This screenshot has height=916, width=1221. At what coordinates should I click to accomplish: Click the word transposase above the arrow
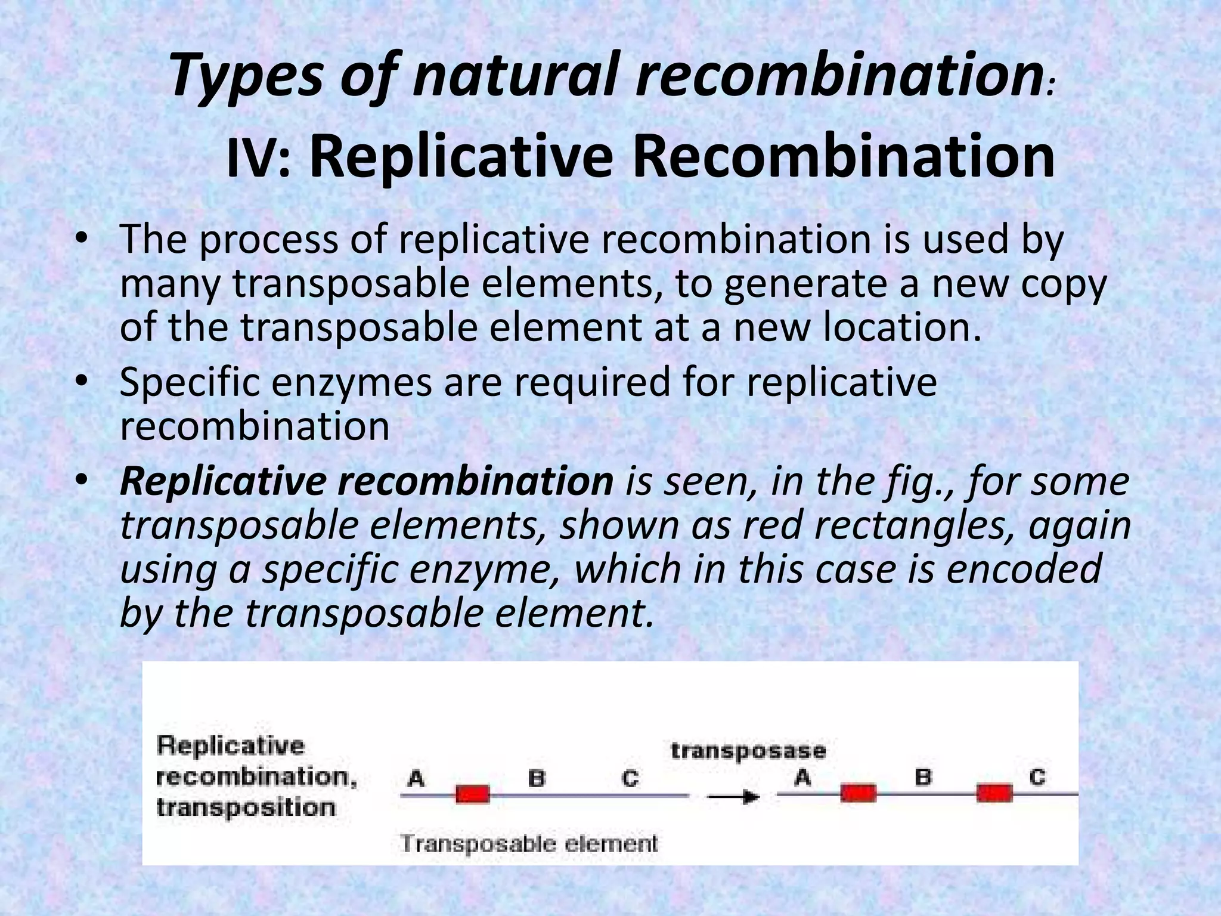pos(748,751)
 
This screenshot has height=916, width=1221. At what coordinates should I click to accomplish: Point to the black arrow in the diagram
pos(733,797)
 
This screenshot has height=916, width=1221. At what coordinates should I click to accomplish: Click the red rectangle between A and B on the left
pos(473,794)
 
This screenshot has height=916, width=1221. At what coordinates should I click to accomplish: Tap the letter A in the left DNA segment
pos(416,778)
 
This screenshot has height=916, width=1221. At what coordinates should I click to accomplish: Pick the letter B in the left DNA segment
pos(537,778)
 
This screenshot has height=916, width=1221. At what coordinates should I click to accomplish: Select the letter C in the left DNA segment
pos(630,778)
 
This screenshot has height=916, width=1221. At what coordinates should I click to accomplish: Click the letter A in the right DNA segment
pos(802,777)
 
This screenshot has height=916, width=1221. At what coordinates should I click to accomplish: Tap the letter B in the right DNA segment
pos(923,777)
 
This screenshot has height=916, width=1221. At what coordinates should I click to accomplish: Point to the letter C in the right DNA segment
pos(1037,777)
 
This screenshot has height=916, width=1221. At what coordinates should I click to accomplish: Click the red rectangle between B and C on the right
pos(994,793)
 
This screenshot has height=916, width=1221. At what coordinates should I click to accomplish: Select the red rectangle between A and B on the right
pos(859,793)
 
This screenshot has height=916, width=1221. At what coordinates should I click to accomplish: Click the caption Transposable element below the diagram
pos(529,844)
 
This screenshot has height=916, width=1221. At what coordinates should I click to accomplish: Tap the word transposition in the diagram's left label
pos(245,807)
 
